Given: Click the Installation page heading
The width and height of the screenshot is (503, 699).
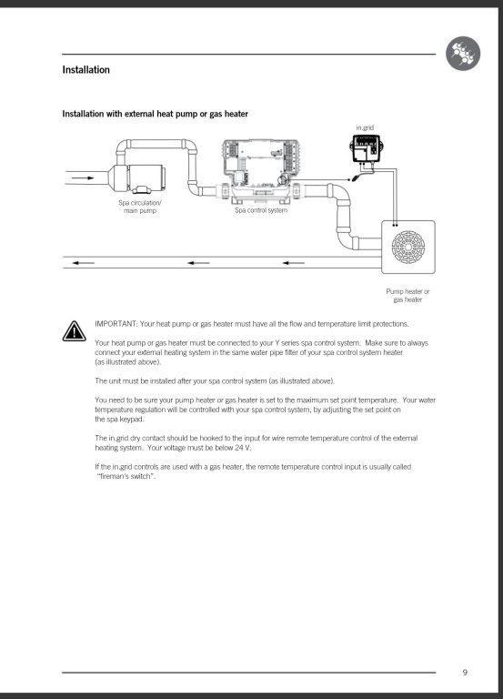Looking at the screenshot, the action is point(86,70).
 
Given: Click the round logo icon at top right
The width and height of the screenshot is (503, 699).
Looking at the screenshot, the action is point(463,54).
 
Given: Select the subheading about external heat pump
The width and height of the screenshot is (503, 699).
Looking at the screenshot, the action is point(155,114).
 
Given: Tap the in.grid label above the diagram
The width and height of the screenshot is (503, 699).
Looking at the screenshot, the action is point(365,127).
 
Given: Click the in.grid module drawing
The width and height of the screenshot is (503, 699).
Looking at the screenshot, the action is point(366,149).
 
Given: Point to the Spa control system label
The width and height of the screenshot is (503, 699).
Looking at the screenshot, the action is point(261,210).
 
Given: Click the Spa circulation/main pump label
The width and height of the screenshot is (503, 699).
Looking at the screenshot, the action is point(140,207).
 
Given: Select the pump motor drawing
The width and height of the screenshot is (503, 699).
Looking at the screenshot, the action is point(137,178).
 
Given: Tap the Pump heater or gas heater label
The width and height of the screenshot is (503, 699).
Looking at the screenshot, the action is point(407,296).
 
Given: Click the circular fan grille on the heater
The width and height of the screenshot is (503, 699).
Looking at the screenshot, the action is point(408,247).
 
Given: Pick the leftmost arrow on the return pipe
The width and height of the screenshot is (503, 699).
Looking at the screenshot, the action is point(84,263).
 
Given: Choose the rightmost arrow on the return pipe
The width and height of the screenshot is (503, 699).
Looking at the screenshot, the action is point(294,263).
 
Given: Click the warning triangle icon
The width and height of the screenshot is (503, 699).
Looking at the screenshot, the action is point(75,331).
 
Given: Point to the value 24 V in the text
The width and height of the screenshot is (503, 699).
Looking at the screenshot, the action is point(243,448).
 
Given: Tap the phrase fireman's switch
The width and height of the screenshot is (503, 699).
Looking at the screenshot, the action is point(126,476).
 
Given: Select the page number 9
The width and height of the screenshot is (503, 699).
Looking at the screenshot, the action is point(465,673).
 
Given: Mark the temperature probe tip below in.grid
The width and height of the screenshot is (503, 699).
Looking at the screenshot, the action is point(354,179).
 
